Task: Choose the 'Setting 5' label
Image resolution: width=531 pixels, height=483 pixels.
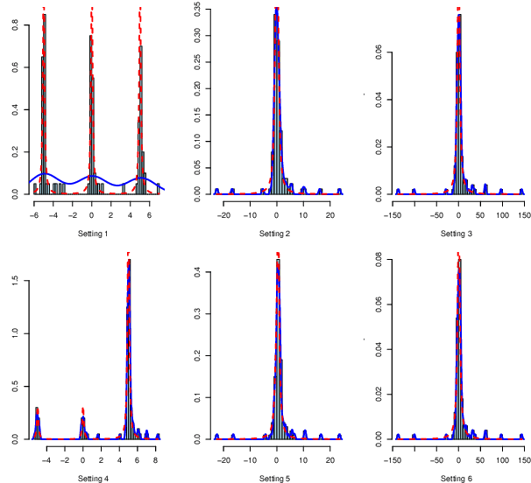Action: coord(276,478)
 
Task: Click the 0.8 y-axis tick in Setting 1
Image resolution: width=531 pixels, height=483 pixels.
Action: coord(16,27)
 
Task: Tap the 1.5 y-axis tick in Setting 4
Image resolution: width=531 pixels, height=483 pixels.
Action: coord(16,278)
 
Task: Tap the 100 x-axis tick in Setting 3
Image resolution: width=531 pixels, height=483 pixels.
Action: coord(501,213)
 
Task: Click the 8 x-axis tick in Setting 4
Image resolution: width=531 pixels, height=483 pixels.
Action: coord(156,458)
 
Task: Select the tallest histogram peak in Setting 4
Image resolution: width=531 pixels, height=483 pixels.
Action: coord(129,262)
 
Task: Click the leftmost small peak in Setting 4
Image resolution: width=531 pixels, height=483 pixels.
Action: coord(37,411)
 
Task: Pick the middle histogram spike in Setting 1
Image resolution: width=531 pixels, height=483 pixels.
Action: coord(90,39)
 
